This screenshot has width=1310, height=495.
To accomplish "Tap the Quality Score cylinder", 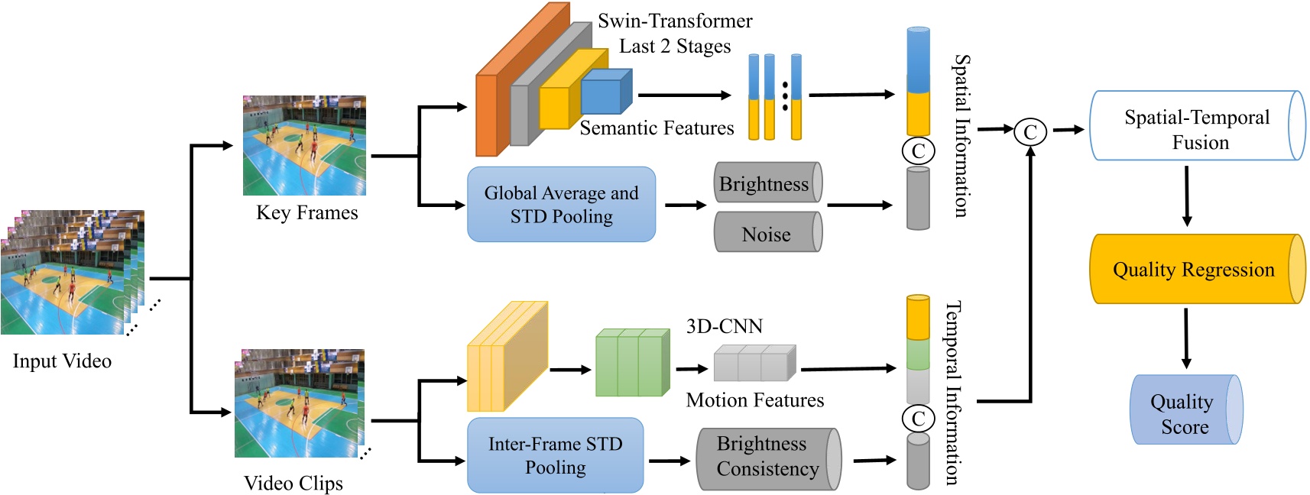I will coord(1183,412).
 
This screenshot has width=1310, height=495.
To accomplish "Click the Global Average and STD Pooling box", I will coord(561,205).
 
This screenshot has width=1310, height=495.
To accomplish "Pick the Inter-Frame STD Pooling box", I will coord(555,455).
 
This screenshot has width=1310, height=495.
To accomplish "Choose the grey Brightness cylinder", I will coord(765,183).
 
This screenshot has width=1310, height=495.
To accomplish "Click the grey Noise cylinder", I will coord(766,234).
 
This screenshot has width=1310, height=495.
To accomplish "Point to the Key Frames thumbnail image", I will coord(304,145).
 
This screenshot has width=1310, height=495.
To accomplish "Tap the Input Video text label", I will coord(62,361).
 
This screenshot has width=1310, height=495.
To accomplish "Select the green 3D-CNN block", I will coord(631,364).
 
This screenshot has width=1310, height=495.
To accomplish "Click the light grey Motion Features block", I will coord(753,364).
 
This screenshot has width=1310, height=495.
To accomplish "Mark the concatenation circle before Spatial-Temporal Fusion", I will coord(1030,131).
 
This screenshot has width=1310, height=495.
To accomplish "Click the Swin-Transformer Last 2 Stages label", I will coord(675,34).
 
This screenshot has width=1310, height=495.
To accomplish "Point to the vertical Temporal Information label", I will coord(953,392).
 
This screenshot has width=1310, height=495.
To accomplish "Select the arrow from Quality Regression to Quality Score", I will coord(1185,338).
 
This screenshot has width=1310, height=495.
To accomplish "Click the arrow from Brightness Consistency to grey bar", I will coord(874,460).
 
